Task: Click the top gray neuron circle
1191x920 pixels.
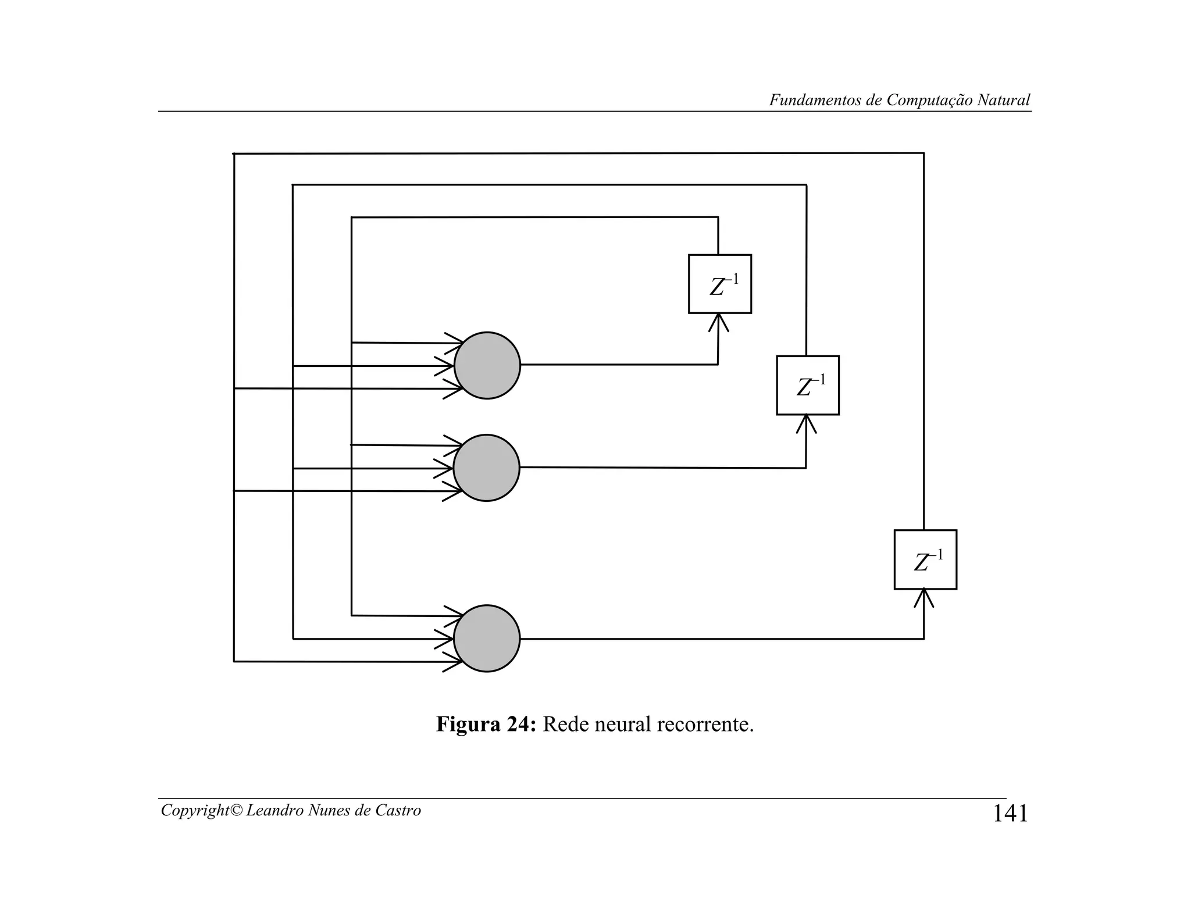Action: click(x=487, y=365)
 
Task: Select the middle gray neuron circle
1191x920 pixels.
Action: click(x=486, y=468)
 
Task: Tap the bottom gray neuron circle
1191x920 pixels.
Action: click(x=487, y=638)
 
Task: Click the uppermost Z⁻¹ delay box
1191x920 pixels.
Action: click(x=720, y=284)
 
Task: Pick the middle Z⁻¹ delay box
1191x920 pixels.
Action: click(x=808, y=385)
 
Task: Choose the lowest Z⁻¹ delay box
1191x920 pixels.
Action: click(x=925, y=559)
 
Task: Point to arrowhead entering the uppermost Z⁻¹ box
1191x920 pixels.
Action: click(x=719, y=320)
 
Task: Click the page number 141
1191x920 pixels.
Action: click(x=1010, y=814)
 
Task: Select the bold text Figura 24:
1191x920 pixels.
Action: click(x=486, y=724)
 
